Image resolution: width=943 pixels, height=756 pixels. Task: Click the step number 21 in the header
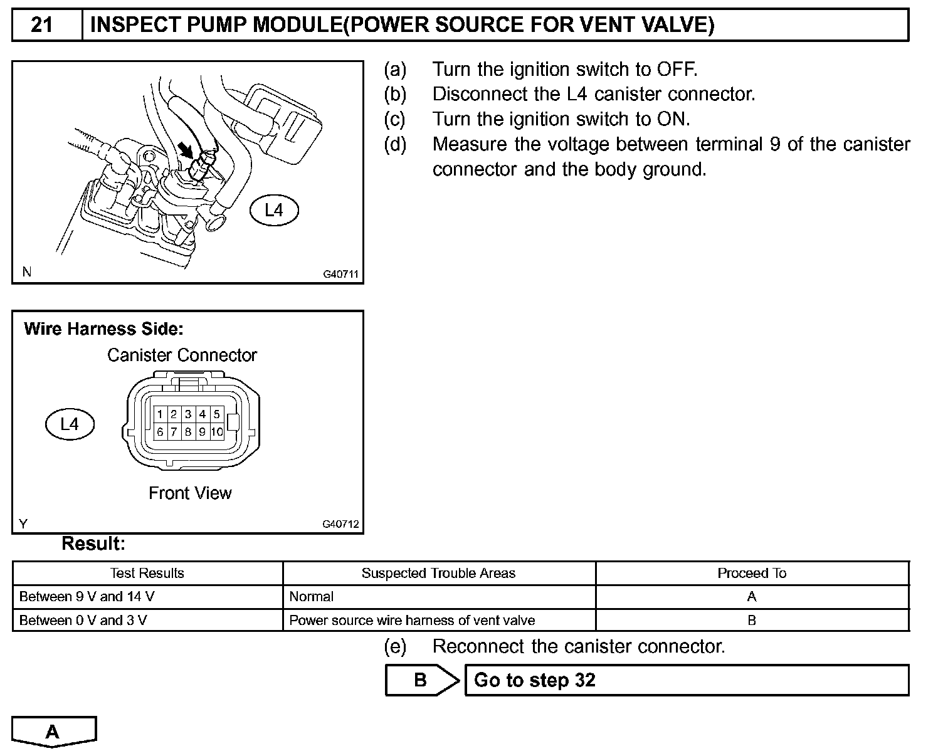41,25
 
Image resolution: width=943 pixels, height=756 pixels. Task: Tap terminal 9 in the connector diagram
203,432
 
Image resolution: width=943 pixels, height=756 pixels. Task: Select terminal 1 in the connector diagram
161,414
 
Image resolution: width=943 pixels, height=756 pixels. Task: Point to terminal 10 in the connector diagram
217,432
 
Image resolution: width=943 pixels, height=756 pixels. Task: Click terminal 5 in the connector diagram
216,414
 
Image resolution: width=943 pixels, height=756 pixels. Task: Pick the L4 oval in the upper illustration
274,211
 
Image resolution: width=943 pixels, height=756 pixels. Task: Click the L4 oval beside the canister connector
70,424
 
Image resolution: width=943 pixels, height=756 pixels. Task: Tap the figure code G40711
340,275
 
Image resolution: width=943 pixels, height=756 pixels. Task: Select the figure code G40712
340,524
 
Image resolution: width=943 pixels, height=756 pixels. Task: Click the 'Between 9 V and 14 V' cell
87,597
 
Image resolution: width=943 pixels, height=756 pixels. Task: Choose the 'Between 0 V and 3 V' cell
83,621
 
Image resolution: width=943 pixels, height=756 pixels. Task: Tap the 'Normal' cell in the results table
312,597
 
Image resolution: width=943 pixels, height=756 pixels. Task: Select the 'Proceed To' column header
752,573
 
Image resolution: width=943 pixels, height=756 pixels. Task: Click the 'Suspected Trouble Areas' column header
438,573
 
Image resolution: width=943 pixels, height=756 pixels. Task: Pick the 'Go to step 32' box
687,680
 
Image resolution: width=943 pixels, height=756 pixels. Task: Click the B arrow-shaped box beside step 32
421,680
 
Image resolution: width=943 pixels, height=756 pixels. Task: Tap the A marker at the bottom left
53,732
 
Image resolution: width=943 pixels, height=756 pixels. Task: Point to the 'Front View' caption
190,493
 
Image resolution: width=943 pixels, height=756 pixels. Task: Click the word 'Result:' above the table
93,543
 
